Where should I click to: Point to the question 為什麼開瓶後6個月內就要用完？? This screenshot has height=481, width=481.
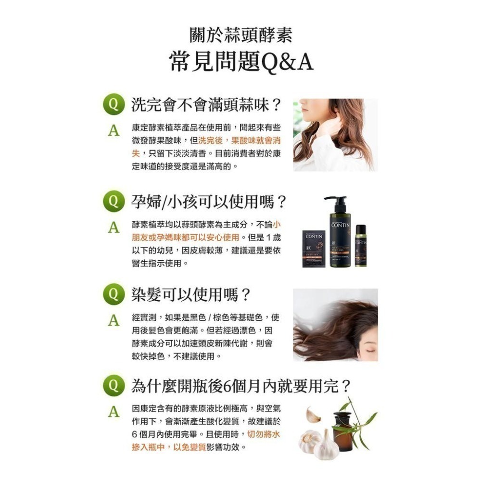click(241, 386)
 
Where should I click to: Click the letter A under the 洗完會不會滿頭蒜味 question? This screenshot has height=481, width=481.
click(114, 131)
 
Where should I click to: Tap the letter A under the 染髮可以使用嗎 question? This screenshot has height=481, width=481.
click(114, 320)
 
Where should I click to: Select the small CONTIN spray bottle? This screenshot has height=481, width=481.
click(361, 246)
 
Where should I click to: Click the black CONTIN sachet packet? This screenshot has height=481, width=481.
click(314, 249)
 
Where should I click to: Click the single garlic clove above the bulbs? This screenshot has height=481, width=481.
click(313, 415)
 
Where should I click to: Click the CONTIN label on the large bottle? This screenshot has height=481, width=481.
click(341, 226)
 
